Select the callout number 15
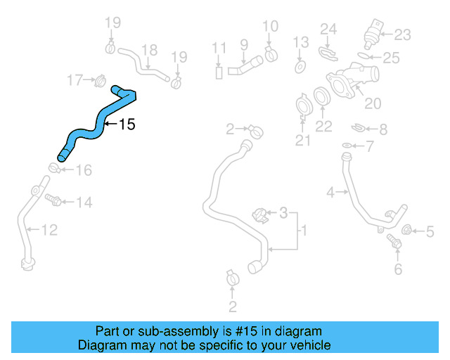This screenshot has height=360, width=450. (126, 125)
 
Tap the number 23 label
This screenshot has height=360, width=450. (403, 34)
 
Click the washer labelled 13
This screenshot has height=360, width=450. (300, 67)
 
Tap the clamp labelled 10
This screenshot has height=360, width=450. (271, 54)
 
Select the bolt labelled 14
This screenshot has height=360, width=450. (54, 201)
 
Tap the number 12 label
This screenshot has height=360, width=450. (49, 229)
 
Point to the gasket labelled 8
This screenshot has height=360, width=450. (359, 129)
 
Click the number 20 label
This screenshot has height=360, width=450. (372, 103)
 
